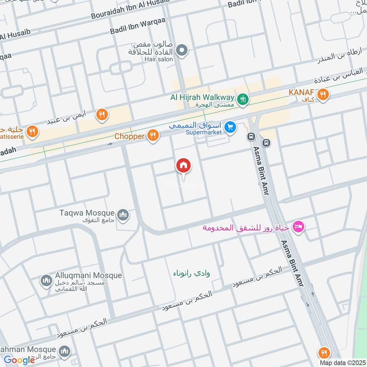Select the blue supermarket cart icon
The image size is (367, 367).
pyautogui.click(x=231, y=127)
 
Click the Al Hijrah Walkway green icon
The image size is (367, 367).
pyautogui.click(x=243, y=98)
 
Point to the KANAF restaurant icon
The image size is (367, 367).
pyautogui.click(x=323, y=95)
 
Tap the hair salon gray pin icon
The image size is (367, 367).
pyautogui.click(x=183, y=50)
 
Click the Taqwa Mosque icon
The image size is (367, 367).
pyautogui.click(x=122, y=214)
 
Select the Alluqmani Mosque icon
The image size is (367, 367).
pyautogui.click(x=46, y=280)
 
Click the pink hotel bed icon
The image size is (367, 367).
pyautogui.click(x=299, y=227)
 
